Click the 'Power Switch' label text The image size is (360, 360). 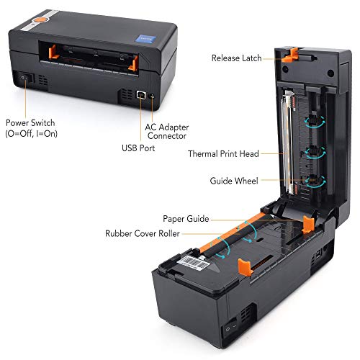pos(30,123)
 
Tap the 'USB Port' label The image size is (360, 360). pos(138,148)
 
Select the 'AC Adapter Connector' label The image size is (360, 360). pos(167,132)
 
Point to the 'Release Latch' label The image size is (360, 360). pos(236,58)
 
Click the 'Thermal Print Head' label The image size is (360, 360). pos(223,154)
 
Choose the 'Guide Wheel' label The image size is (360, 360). pos(234,181)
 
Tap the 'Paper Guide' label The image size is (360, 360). pos(186,219)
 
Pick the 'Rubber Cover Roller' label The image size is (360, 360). pos(143,233)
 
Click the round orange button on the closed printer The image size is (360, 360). pos(40,19)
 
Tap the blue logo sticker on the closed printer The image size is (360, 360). pos(145,39)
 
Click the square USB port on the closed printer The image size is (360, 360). pos(141,95)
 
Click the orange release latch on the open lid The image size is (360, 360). pos(290,55)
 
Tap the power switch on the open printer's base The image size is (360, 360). pos(231,328)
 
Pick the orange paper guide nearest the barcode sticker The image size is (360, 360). pos(246,267)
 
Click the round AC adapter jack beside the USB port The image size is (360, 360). pos(152,96)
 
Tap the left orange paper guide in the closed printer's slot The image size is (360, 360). pos(53,52)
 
